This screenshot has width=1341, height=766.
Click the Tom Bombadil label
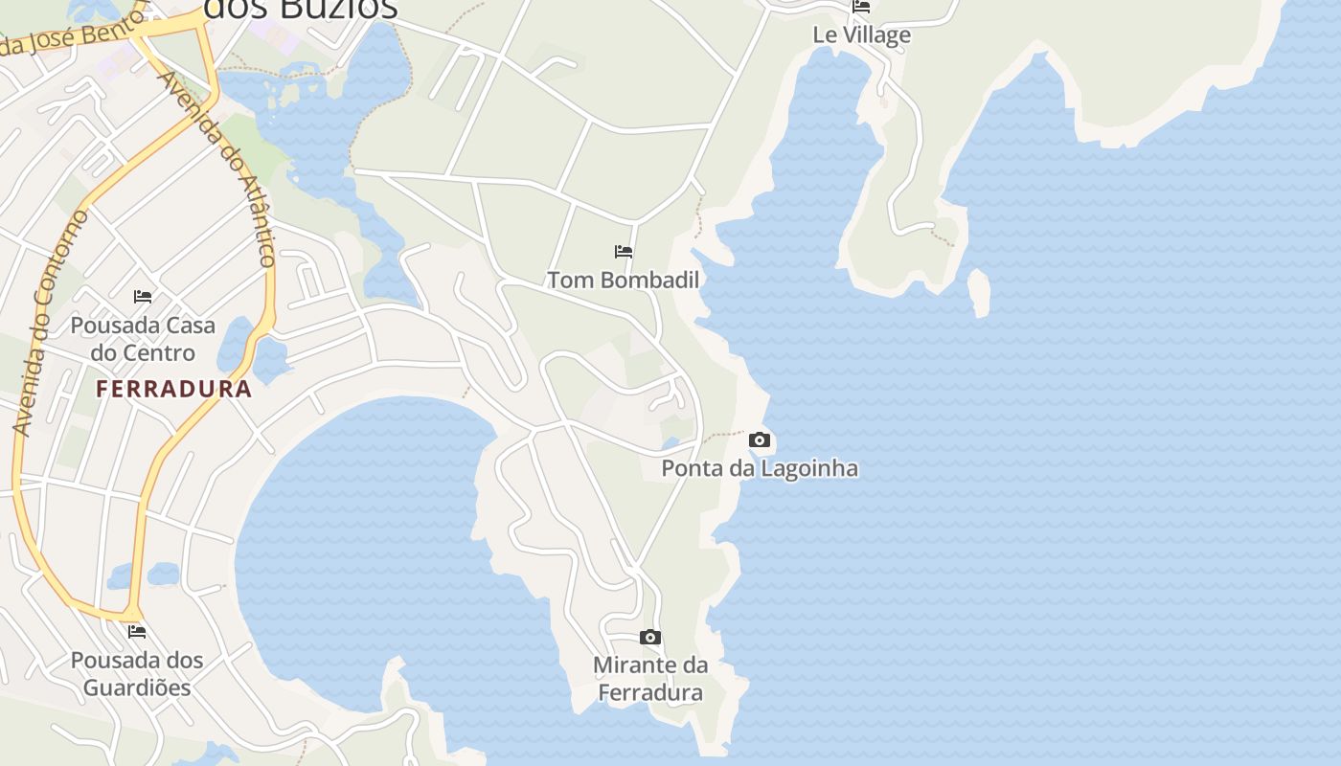[x=623, y=280]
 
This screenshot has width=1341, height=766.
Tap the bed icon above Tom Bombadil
[x=624, y=252]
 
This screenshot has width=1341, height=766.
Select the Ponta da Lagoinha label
[x=760, y=468]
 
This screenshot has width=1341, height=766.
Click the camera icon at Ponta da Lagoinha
[x=760, y=440]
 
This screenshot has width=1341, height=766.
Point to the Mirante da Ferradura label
[x=650, y=678]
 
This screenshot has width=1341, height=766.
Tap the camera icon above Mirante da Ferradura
[x=650, y=638]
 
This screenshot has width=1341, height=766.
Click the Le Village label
[x=861, y=35]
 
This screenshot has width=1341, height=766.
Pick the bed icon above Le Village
[x=861, y=7]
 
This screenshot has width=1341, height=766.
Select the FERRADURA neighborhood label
[x=174, y=389]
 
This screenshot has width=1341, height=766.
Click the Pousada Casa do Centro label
[x=143, y=339]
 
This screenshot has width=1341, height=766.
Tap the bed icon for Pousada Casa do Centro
[x=143, y=297]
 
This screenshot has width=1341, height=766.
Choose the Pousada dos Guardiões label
[x=137, y=673]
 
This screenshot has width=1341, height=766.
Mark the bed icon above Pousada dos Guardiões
[x=137, y=632]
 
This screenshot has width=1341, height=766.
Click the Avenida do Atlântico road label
[x=219, y=169]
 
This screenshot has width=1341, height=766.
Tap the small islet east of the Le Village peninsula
[x=979, y=292]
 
